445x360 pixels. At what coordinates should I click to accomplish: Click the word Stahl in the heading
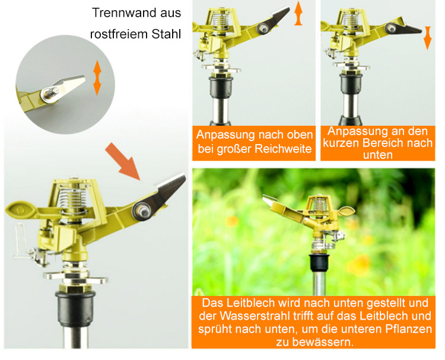pos(166,34)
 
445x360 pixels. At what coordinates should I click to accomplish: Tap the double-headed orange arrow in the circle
pos(97,78)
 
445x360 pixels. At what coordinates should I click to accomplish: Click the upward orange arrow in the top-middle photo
pos(298,13)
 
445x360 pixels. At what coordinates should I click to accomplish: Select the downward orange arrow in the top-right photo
pos(427,38)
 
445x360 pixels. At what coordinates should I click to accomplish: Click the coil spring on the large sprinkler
pos(72,200)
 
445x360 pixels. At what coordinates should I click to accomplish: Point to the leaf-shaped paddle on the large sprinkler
pos(20,210)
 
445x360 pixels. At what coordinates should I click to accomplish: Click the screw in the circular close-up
pos(50,94)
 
